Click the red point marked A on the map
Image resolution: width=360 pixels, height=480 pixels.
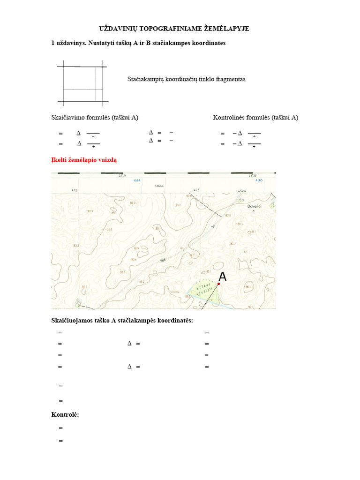pos(218,284)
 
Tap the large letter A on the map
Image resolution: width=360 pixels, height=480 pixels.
pos(223,277)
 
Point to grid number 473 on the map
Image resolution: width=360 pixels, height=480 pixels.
pos(196,190)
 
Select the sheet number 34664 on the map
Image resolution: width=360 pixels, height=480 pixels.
pos(159,186)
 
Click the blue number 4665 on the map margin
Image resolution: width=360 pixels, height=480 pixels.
pos(259,180)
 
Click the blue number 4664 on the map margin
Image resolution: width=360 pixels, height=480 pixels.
pos(137,180)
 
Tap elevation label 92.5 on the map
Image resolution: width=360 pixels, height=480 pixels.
pos(122,272)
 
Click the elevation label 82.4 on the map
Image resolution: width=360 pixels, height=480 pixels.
pos(90,211)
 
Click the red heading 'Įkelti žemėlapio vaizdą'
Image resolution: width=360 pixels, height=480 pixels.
pos(84,160)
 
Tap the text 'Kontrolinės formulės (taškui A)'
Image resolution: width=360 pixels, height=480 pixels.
pos(255,117)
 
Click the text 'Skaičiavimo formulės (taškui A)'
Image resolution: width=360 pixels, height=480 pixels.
pos(95,117)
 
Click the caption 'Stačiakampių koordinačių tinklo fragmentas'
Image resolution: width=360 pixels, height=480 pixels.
pos(187,79)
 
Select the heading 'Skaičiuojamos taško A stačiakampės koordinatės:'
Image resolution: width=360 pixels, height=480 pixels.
pos(122,321)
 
